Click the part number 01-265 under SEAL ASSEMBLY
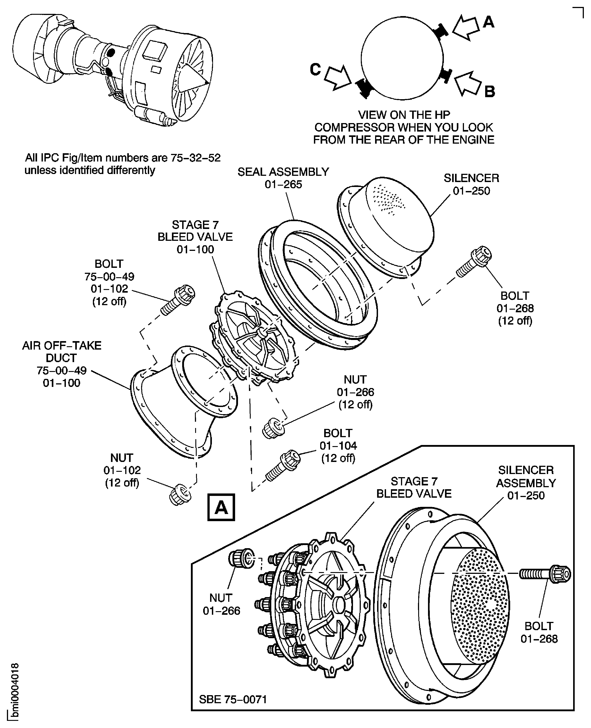point(283,184)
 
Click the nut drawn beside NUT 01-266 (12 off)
point(274,428)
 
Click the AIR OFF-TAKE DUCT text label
point(62,352)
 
